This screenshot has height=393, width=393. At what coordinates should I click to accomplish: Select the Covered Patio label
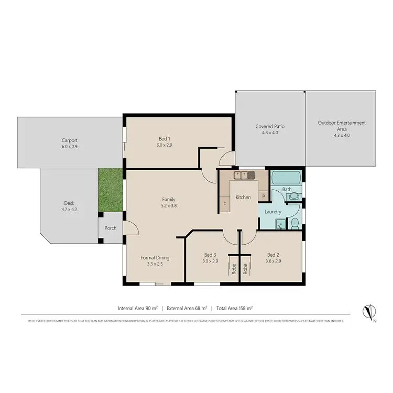click(x=270, y=126)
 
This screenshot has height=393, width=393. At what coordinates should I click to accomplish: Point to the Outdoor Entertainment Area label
click(x=341, y=126)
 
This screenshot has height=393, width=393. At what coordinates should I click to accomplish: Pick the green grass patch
click(x=110, y=190)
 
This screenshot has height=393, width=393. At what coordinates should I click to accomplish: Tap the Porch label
click(x=111, y=228)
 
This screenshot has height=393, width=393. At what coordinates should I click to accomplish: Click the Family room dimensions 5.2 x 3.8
click(x=168, y=206)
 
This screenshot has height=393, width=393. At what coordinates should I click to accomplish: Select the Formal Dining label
click(x=155, y=257)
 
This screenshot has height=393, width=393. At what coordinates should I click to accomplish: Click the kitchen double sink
click(x=244, y=175)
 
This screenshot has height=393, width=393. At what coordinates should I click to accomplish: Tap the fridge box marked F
click(x=225, y=203)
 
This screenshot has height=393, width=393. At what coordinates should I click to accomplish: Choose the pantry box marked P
click(x=263, y=196)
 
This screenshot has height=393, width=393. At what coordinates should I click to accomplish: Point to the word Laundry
click(x=274, y=212)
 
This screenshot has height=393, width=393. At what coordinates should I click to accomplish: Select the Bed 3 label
click(x=210, y=255)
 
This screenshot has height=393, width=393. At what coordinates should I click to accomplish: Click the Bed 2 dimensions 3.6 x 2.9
click(x=274, y=261)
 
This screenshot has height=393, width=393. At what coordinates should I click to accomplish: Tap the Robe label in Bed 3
click(x=234, y=269)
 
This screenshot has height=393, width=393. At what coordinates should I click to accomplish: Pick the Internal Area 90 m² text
click(x=138, y=308)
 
